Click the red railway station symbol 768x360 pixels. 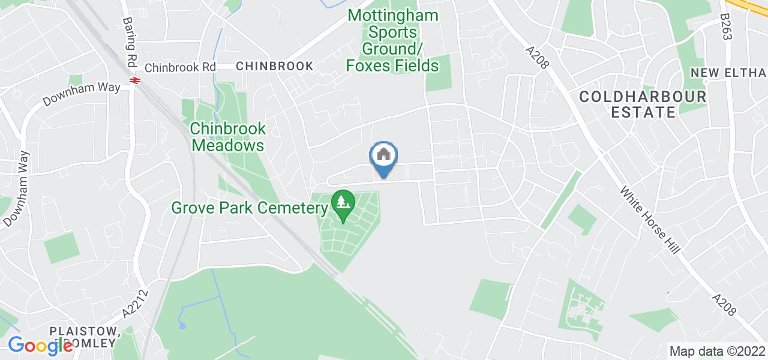pos(133,81)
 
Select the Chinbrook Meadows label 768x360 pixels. pos(227,137)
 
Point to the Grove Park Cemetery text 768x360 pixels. pos(250,208)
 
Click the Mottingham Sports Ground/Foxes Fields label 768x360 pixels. pos(393,41)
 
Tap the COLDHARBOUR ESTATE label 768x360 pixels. pos(643,104)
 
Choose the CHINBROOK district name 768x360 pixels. pos(275,66)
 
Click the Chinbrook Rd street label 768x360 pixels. pos(180,67)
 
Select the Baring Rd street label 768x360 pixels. pos(129,42)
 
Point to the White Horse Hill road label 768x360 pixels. pos(650,220)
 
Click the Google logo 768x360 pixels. pos(40,346)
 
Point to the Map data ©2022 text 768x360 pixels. pos(717,350)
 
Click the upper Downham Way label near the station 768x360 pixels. pos(82,95)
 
